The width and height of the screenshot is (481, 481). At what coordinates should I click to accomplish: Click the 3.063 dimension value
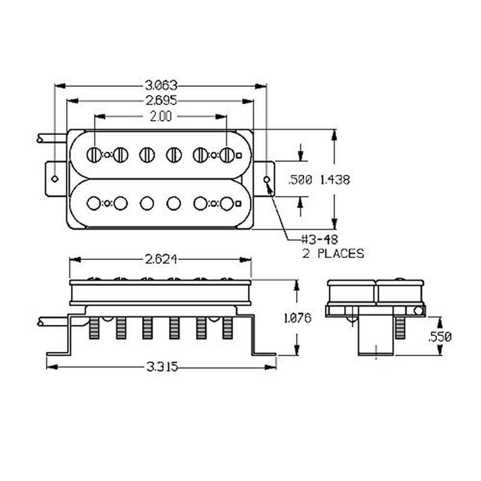tap(161, 86)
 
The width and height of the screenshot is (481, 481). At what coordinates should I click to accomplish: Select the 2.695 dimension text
tap(161, 101)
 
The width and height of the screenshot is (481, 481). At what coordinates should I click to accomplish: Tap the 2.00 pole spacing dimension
tap(161, 116)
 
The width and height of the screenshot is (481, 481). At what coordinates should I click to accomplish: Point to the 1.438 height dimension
tap(335, 180)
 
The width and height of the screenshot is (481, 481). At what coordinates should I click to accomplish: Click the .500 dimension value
tap(300, 180)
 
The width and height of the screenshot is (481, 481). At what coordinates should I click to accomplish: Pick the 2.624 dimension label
tap(161, 260)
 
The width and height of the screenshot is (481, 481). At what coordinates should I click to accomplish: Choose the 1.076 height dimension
tap(297, 318)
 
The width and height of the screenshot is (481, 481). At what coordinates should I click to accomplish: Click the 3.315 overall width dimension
tap(162, 367)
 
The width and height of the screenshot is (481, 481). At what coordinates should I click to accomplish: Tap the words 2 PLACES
tap(333, 253)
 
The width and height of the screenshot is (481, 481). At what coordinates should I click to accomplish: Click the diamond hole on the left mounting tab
tap(55, 179)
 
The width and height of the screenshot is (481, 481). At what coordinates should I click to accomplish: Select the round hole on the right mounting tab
tap(267, 179)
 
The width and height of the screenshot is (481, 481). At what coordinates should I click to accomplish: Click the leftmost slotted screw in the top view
tap(94, 155)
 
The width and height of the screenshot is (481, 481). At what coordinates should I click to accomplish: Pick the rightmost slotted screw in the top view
tap(227, 155)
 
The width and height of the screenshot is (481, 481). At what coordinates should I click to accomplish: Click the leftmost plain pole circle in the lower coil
tap(94, 203)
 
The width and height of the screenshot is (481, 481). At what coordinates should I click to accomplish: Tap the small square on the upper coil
tap(239, 155)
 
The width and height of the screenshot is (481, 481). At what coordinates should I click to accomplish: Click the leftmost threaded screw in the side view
tap(94, 328)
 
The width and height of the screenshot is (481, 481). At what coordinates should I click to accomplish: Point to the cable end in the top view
tap(39, 139)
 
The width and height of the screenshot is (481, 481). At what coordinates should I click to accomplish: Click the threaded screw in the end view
tap(400, 327)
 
